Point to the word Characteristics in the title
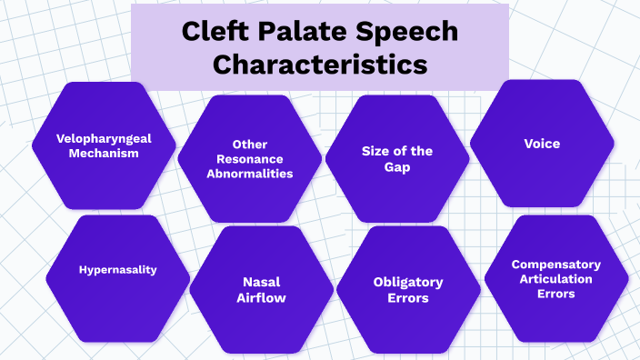[x=320, y=65]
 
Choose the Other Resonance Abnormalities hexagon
[x=248, y=159]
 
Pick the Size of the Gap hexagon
[x=397, y=159]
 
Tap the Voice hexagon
[x=542, y=144]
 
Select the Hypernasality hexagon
[x=117, y=271]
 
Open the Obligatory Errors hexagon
[x=408, y=289]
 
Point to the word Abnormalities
[x=249, y=174]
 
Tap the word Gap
[x=397, y=167]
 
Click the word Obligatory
[x=408, y=282]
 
